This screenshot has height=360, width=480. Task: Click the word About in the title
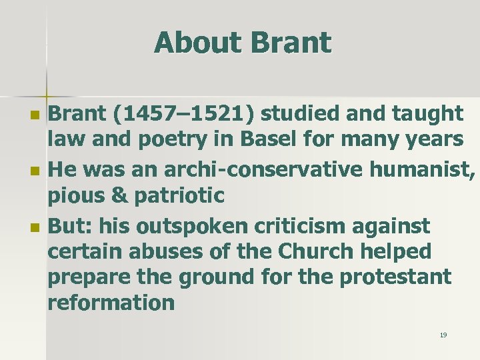198,43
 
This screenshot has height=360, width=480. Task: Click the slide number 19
443,335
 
